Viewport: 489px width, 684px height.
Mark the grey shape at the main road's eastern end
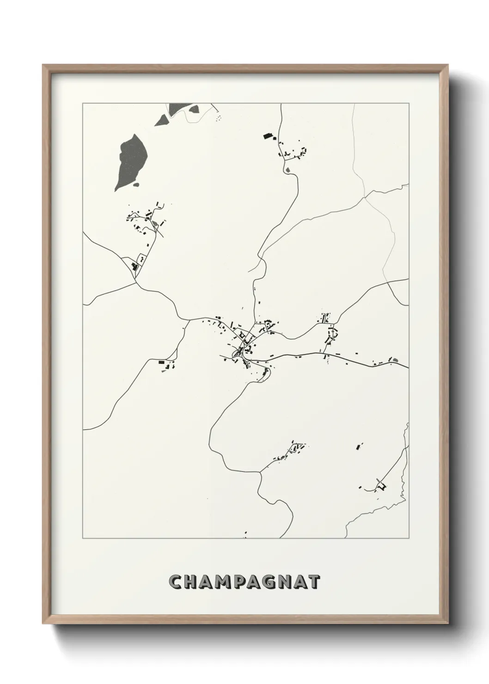click(x=394, y=359)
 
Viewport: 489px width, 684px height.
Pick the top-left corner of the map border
click(x=83, y=104)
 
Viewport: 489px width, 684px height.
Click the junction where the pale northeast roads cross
click(x=365, y=198)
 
